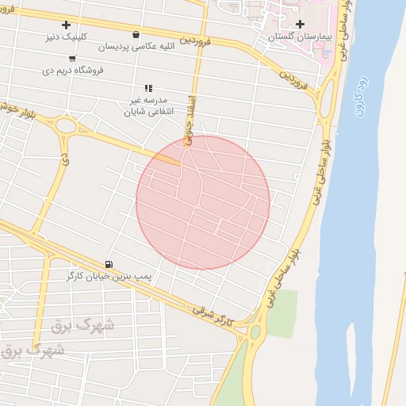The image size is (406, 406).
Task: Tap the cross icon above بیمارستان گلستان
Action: coord(299,25)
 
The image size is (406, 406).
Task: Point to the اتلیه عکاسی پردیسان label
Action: coord(137,47)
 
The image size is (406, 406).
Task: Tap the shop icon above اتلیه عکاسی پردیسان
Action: coord(137,35)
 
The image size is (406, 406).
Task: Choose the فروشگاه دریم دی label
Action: coord(73,70)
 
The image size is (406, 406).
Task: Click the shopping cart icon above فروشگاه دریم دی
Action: coord(73,59)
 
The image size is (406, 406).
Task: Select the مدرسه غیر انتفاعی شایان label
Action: coord(147,107)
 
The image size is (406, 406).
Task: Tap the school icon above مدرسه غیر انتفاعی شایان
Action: coord(147,88)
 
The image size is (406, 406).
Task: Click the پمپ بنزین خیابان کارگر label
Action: coord(108,277)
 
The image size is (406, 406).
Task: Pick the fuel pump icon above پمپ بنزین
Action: coord(108,264)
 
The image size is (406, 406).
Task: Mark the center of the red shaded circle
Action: coord(203,202)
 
